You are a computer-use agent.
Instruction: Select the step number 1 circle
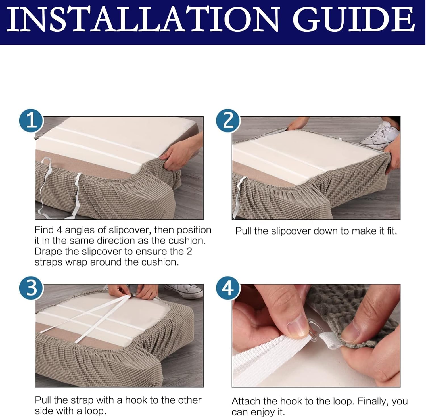(31, 121)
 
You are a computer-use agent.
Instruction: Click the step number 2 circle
(228, 121)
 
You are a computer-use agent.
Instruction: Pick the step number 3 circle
(31, 288)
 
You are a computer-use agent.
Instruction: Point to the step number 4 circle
(228, 288)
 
